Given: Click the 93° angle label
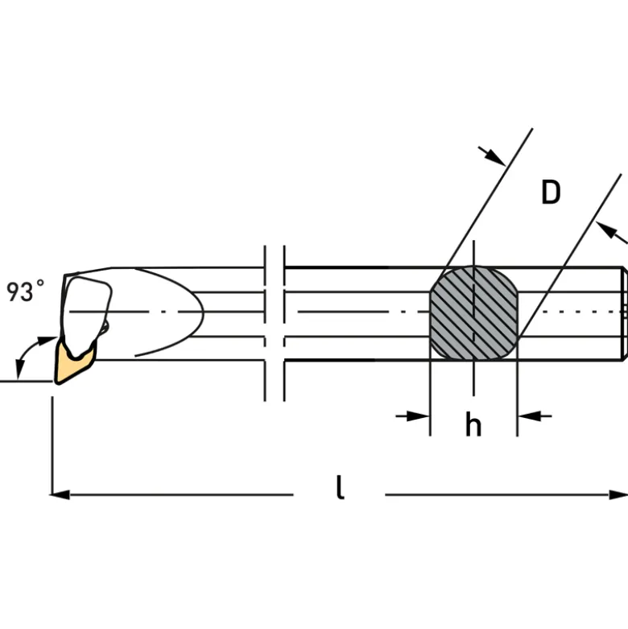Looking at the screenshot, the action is [25, 291].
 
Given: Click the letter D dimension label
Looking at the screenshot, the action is [551, 192].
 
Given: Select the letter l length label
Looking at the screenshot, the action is [340, 487].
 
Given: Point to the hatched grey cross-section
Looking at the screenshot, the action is [473, 312].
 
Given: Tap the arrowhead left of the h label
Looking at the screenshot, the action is [418, 416].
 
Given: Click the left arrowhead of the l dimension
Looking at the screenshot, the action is [60, 495].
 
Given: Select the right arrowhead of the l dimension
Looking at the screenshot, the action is [618, 495].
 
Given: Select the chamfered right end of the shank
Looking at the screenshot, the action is [624, 313].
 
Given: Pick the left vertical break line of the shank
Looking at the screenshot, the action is [265, 323].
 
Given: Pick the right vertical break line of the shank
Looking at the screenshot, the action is [284, 323].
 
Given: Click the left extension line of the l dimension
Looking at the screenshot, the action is [52, 445].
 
